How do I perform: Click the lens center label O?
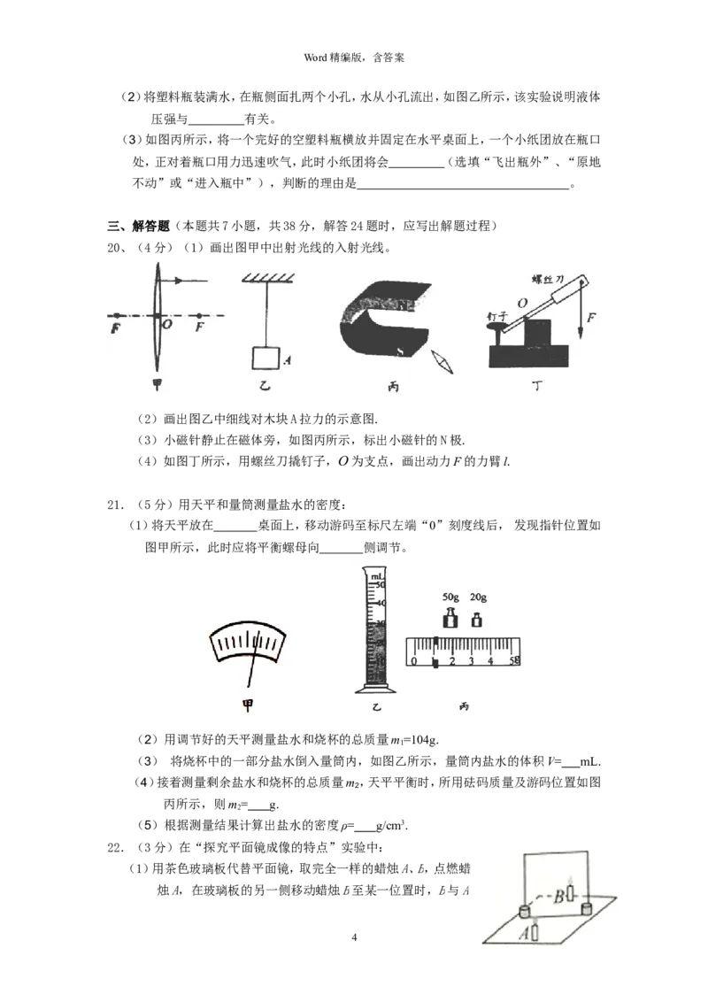pyautogui.click(x=167, y=326)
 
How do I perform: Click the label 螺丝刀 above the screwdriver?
pyautogui.click(x=549, y=276)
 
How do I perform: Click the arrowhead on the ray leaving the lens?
pyautogui.click(x=179, y=281)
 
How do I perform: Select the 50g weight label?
pyautogui.click(x=450, y=597)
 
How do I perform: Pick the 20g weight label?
pyautogui.click(x=478, y=597)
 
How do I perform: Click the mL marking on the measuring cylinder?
pyautogui.click(x=378, y=577)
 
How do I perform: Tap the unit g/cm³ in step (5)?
pyautogui.click(x=391, y=826)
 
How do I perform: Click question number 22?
pyautogui.click(x=113, y=847)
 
